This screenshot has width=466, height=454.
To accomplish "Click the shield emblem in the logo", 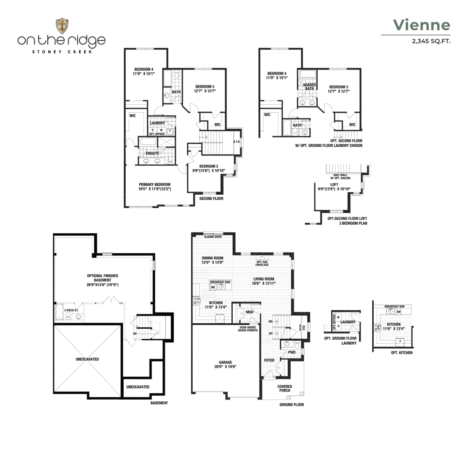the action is [x=62, y=26].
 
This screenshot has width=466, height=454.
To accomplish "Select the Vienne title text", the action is [x=422, y=25].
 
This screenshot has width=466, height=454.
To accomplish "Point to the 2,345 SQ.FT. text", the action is [x=431, y=41].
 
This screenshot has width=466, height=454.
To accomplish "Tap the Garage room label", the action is [x=225, y=362].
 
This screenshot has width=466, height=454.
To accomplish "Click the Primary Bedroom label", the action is [x=155, y=185].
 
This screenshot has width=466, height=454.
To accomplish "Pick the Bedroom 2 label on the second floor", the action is [x=209, y=166].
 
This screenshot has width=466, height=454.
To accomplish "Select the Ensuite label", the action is [x=152, y=153].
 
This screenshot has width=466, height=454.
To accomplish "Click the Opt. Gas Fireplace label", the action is [x=262, y=263].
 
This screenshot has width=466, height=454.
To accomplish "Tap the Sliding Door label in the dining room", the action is [x=213, y=237].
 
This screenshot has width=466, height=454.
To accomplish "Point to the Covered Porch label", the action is [x=285, y=388].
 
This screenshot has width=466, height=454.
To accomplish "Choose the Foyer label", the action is [x=269, y=360].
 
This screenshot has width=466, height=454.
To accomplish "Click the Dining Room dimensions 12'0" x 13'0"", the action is [x=212, y=262].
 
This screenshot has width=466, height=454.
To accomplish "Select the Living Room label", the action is [x=264, y=279].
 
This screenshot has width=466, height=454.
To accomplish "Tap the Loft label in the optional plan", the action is [x=334, y=185].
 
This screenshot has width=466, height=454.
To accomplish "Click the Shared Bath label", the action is [x=309, y=87].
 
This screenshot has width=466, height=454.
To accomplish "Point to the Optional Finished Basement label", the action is [x=102, y=278].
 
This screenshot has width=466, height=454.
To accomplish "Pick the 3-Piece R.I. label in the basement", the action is [x=71, y=310].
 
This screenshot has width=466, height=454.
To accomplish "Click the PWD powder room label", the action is [x=292, y=352].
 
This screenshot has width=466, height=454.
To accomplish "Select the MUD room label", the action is [x=249, y=312].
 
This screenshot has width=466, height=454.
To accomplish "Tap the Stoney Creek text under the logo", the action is [x=62, y=52].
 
